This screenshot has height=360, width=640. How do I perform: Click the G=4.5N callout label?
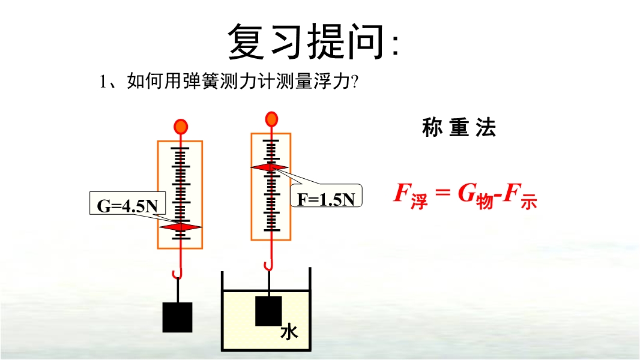point(127,206)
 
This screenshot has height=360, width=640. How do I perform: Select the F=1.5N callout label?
point(327,199)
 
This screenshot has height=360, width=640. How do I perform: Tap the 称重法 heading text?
point(459,128)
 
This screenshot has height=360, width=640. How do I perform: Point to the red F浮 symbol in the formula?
point(410,195)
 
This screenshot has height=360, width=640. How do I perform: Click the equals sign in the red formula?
point(442,193)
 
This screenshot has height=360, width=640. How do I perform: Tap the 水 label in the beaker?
point(289,331)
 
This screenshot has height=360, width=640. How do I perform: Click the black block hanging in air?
point(178,317)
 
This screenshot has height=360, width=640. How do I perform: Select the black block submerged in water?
point(268,311)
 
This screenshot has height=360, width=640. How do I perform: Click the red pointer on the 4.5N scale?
point(180,227)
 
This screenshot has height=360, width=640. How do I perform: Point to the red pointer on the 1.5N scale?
point(271,167)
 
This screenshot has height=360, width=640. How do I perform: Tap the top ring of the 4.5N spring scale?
point(180,127)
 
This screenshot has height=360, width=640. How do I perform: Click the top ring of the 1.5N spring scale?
point(271,119)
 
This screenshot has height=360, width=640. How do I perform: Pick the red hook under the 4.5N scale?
point(177,273)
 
